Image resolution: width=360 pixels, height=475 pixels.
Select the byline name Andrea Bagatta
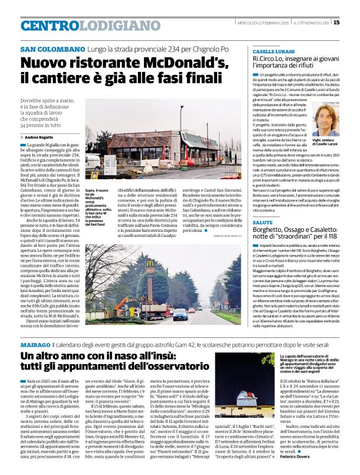point(40,136)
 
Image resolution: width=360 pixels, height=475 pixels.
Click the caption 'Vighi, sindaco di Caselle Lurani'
point(325,144)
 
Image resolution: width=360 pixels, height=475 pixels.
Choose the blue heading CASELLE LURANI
point(274,50)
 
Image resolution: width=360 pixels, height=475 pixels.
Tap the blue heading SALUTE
point(263,221)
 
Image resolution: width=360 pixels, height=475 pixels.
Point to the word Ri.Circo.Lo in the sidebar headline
point(269,59)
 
